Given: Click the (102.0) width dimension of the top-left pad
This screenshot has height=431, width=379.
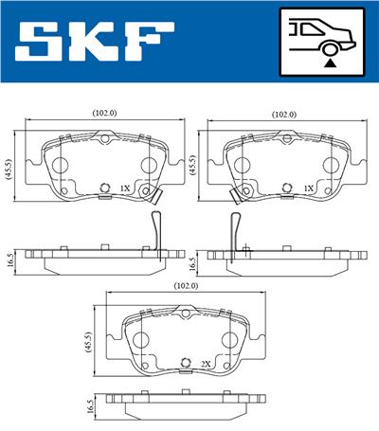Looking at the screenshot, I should click(104, 113).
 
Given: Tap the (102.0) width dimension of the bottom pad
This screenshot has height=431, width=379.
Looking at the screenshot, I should click(185, 286).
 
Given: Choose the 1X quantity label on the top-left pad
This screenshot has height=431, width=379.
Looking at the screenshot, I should click(123, 189).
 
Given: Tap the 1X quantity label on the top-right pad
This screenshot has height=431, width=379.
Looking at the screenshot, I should click(308, 189).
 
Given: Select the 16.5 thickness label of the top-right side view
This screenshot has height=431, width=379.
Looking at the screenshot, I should click(191, 261).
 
